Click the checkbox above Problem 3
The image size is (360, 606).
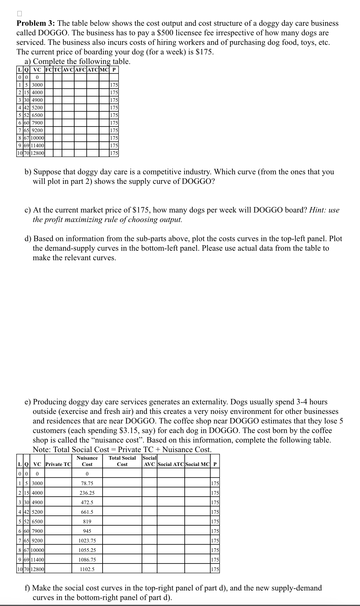[x=20, y=13]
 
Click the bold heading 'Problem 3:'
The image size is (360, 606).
[x=36, y=24]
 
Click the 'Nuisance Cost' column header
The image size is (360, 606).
[x=87, y=461]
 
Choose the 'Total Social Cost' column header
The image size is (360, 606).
[x=122, y=461]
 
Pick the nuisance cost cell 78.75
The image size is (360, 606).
[x=87, y=484]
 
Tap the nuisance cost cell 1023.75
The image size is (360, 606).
[x=87, y=541]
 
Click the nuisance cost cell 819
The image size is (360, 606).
[x=87, y=522]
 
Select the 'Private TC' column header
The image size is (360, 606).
[x=58, y=465]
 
